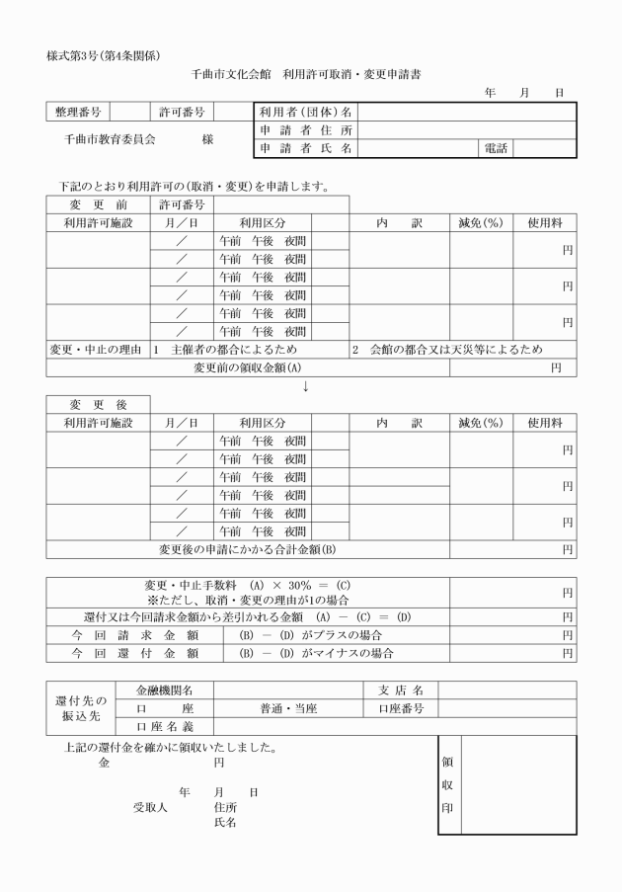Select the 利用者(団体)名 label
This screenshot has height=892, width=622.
point(306,113)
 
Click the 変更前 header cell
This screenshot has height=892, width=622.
point(98,204)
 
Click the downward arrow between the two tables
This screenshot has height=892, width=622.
point(306,386)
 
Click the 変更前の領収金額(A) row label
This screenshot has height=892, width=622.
point(247,368)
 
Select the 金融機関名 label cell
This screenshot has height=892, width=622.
point(163,689)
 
